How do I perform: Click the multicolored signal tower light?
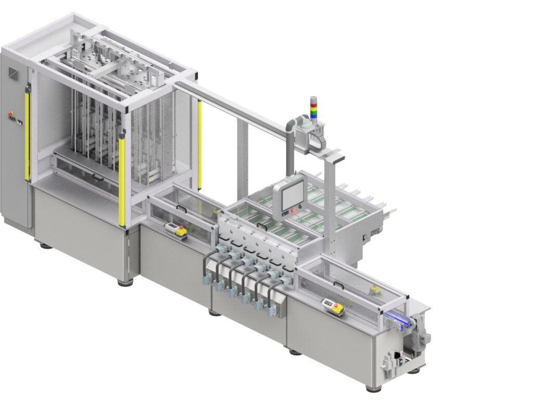pos(313,108)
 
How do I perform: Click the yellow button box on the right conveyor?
pos(333,306)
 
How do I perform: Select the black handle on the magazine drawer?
pos(96,177)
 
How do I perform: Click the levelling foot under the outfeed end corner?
pos(370,388)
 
